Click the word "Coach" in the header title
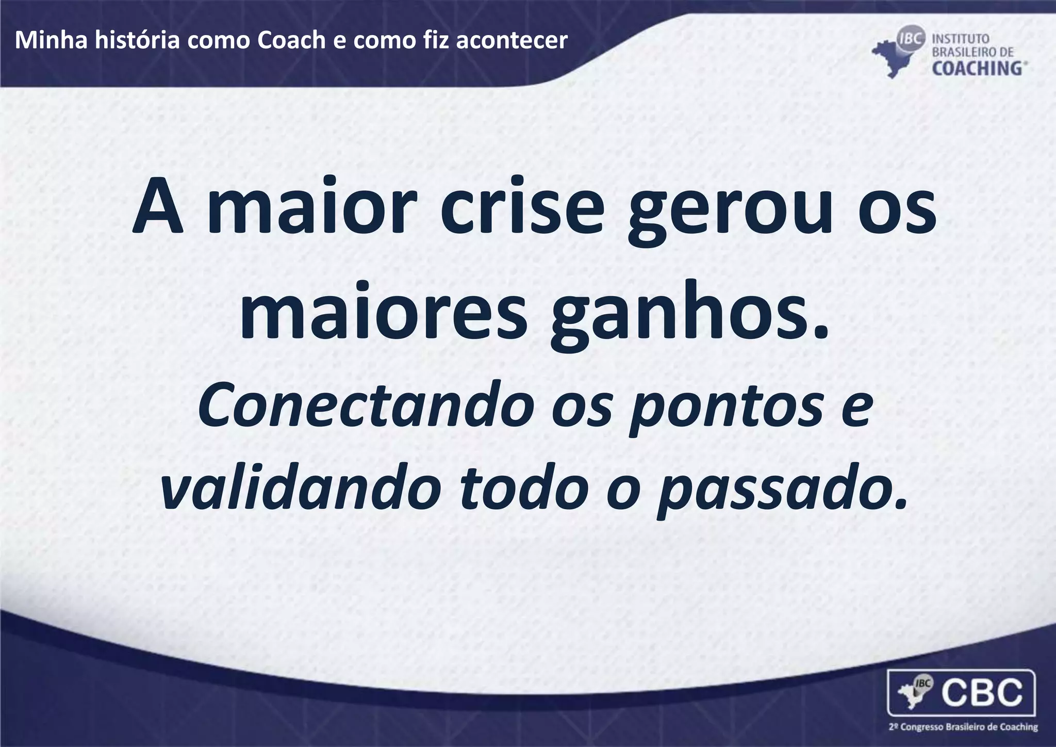(x=291, y=40)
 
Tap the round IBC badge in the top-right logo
(x=912, y=39)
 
